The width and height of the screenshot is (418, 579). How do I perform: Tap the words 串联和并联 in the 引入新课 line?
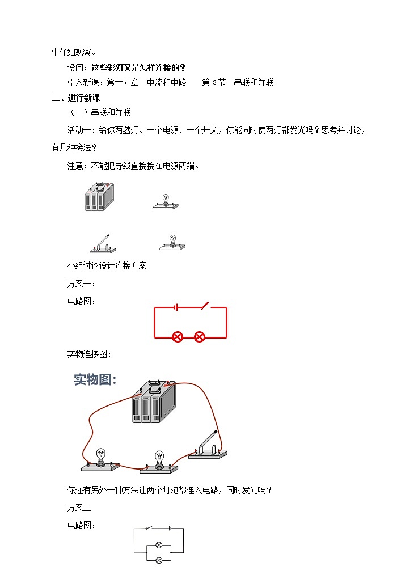(x=254, y=82)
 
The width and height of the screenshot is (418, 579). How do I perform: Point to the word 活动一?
(x=79, y=130)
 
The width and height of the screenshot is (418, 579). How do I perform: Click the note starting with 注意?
(x=133, y=166)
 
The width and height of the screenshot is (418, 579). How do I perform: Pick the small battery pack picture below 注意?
(x=99, y=197)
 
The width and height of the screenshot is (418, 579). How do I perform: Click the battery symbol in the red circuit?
(x=176, y=307)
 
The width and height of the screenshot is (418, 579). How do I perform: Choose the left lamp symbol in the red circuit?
(x=178, y=337)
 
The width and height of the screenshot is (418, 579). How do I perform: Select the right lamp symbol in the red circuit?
(x=199, y=337)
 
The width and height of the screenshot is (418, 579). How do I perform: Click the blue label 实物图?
(x=95, y=380)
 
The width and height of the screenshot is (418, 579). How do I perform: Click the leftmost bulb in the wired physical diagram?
(x=101, y=459)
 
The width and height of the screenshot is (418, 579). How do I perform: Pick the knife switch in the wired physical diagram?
(x=208, y=445)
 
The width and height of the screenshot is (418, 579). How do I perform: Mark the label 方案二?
(x=79, y=508)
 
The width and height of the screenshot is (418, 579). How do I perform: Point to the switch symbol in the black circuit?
(x=149, y=529)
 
